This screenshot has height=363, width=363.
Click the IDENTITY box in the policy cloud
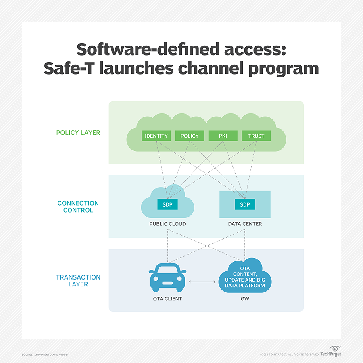coord(156,136)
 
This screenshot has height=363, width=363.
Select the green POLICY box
coord(190,136)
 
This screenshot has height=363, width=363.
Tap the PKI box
coord(223,136)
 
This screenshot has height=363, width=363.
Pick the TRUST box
coord(256,136)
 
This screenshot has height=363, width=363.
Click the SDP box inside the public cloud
coord(167,204)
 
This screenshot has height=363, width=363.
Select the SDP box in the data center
coord(245,204)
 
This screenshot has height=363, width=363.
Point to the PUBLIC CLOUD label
coord(167,224)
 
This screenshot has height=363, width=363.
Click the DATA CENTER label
coord(245,224)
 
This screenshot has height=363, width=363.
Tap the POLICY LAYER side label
coord(78,133)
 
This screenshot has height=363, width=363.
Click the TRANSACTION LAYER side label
coord(78,281)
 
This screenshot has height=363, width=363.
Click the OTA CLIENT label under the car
coord(167,299)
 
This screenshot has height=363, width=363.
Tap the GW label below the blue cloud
coord(245,299)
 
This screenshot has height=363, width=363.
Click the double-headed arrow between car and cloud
coord(202,281)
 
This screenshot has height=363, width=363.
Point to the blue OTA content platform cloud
coord(245,276)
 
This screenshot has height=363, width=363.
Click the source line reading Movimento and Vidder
coord(45,355)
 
